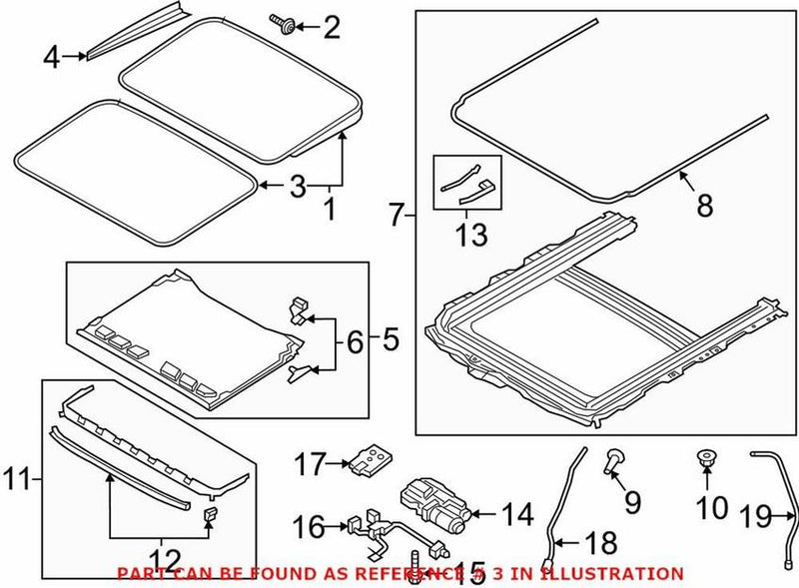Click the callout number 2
click(x=331, y=27)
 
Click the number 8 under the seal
click(x=705, y=206)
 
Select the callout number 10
click(x=712, y=508)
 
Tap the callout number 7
click(x=398, y=214)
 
